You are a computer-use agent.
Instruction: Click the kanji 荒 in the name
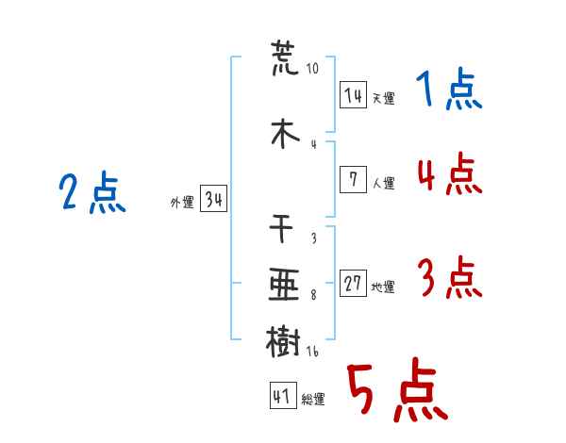[x=285, y=58]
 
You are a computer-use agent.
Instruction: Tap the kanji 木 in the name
[x=285, y=134]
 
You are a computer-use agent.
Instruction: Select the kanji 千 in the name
[x=281, y=229]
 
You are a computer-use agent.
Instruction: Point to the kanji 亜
[x=284, y=285]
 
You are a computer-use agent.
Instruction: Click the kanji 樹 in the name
[x=283, y=341]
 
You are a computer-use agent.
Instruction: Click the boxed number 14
[x=353, y=94]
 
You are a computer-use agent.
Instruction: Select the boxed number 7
[x=353, y=179]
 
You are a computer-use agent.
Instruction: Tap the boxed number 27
[x=353, y=283]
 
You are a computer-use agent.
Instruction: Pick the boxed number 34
[x=213, y=199]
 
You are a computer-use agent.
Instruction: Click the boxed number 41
[x=283, y=395]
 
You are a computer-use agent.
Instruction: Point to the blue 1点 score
[x=449, y=89]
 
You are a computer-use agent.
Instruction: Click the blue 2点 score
[x=92, y=191]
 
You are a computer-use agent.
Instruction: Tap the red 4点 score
[x=450, y=173]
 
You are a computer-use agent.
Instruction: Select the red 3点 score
[x=450, y=277]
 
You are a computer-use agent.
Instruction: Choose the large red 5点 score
[x=398, y=389]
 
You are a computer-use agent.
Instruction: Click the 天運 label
[x=384, y=98]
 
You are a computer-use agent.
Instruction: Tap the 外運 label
[x=182, y=203]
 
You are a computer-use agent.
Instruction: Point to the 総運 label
[x=313, y=400]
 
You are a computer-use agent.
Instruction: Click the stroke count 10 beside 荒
[x=312, y=68]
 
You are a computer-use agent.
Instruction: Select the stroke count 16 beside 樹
[x=312, y=351]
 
